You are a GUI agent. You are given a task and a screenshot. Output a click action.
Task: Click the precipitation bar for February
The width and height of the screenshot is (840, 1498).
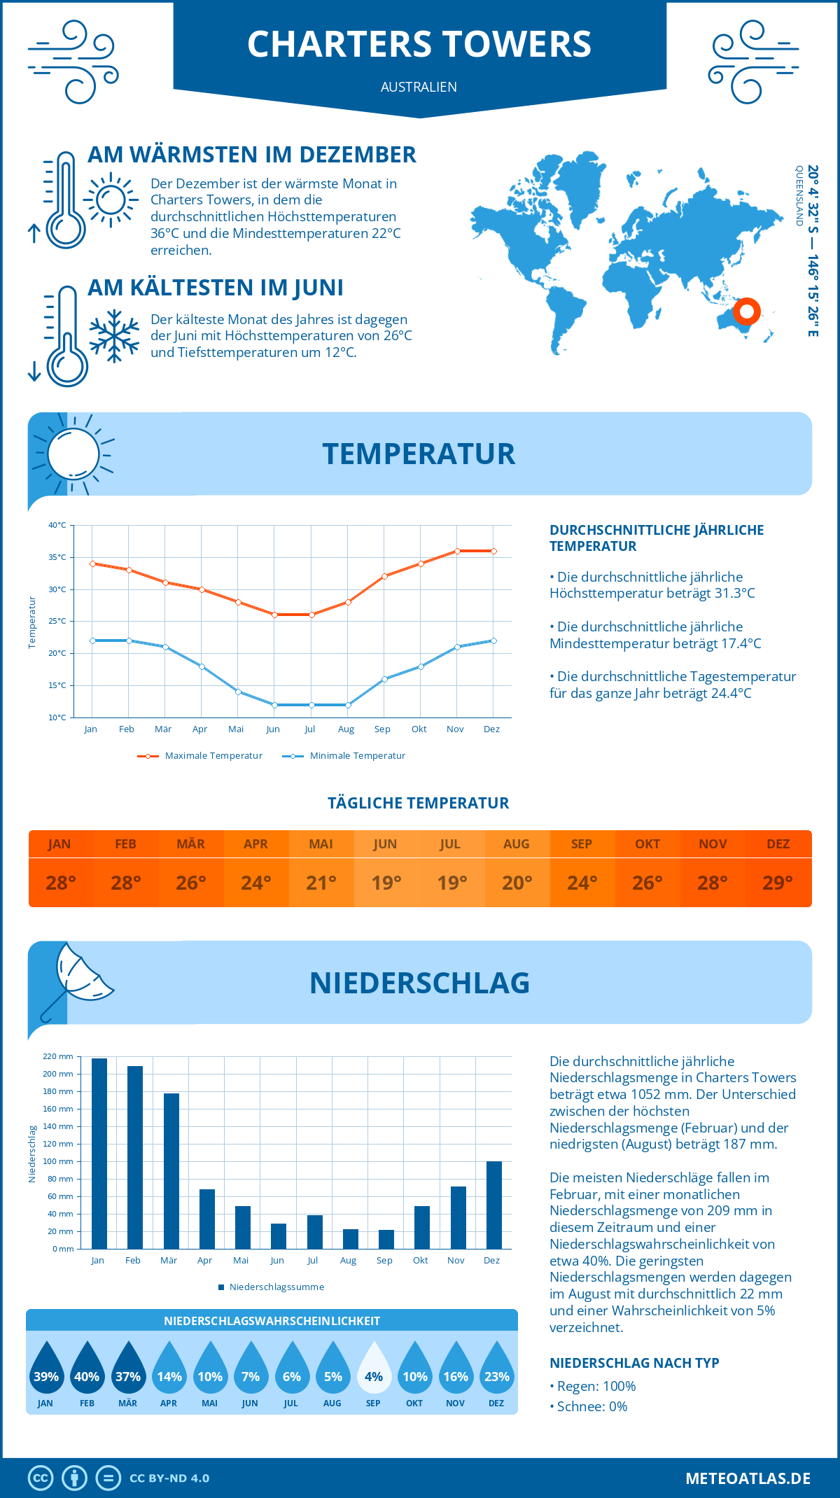(x=135, y=1158)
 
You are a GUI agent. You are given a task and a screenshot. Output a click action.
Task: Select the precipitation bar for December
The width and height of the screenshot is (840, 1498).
(x=494, y=1205)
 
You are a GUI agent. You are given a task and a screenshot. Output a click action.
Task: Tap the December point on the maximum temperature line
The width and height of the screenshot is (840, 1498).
(x=493, y=552)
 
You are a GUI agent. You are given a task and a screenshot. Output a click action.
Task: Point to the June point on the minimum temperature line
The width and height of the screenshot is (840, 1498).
(x=274, y=705)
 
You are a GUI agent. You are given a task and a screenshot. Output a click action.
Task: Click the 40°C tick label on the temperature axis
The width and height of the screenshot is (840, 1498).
(x=57, y=525)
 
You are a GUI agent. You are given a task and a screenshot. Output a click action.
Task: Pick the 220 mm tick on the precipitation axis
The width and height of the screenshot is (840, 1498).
(x=58, y=1056)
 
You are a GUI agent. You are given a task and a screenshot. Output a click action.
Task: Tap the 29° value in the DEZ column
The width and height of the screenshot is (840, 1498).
(x=778, y=883)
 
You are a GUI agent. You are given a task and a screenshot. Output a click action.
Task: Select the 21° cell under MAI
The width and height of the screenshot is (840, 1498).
(x=321, y=883)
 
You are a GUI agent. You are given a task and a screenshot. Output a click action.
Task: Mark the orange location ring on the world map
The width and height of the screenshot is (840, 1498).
(x=747, y=311)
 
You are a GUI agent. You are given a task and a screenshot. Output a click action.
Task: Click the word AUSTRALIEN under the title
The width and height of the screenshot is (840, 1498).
(x=419, y=87)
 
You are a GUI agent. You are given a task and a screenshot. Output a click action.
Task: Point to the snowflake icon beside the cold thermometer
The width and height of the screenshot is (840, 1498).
(x=114, y=336)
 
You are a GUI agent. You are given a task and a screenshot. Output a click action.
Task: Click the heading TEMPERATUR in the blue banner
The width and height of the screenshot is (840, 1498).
(x=419, y=454)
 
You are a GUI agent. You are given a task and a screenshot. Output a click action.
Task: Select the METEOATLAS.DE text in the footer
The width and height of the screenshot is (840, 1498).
(x=748, y=1478)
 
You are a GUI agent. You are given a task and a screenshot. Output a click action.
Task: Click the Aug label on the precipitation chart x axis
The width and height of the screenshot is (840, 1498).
(x=348, y=1261)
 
